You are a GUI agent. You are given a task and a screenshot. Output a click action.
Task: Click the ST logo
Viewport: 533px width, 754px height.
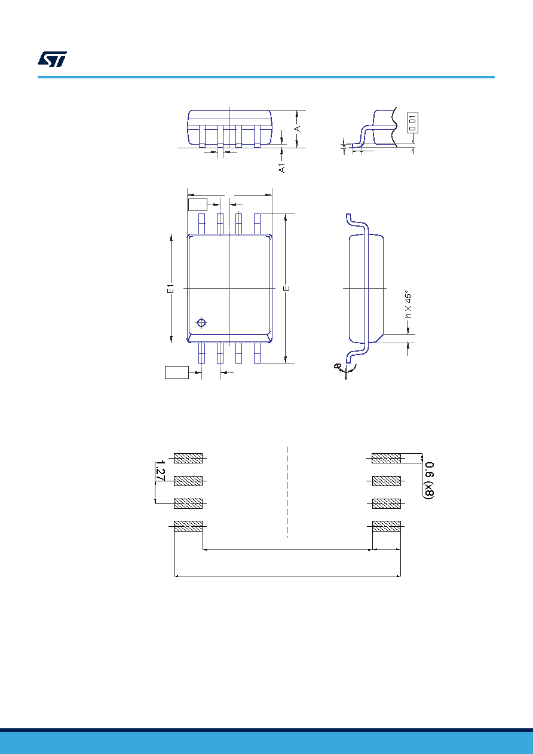click(x=52, y=59)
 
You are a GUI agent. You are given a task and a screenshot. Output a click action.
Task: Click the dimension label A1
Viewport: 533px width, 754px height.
click(x=282, y=168)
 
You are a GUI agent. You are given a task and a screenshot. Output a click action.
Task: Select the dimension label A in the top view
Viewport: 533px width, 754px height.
click(x=297, y=129)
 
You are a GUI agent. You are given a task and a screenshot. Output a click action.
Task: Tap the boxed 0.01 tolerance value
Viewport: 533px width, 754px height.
click(x=413, y=123)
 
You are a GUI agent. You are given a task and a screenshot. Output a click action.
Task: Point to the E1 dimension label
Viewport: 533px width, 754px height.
click(x=171, y=288)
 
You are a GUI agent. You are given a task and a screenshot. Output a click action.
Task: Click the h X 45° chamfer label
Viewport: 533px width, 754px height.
click(x=408, y=304)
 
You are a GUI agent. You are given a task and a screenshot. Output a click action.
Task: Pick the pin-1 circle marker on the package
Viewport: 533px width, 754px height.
click(x=201, y=323)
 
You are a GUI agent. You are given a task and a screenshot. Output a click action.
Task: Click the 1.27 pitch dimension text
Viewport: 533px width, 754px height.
click(x=160, y=471)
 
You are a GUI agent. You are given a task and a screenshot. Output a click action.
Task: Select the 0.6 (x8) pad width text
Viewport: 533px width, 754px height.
click(x=430, y=481)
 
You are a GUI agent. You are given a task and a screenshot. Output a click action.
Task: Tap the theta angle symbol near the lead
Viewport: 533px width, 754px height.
click(x=336, y=366)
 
